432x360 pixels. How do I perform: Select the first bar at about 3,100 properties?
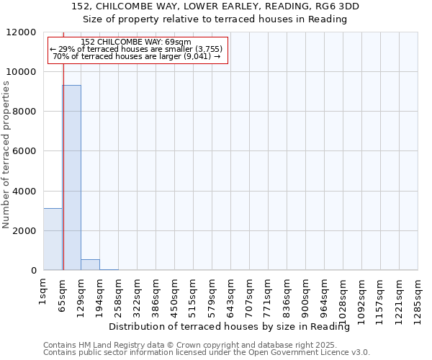[53, 239]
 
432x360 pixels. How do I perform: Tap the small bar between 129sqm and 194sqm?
[90, 265]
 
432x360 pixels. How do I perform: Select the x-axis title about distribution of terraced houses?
[234, 327]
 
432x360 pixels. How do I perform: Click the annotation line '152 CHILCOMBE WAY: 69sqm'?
[137, 42]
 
